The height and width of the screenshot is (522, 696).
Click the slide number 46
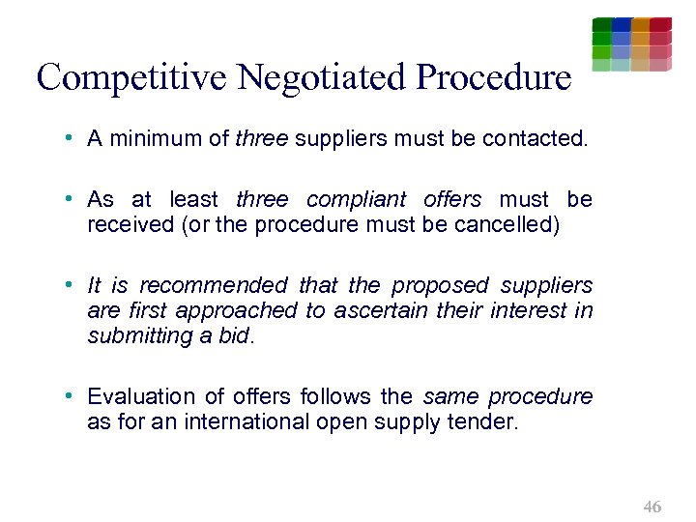coord(652,507)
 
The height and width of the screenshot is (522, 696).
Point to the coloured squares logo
coord(631,43)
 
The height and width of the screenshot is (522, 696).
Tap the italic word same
coord(450,397)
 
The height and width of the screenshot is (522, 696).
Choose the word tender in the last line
coord(485,422)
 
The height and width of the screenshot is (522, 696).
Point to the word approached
coord(248,310)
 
